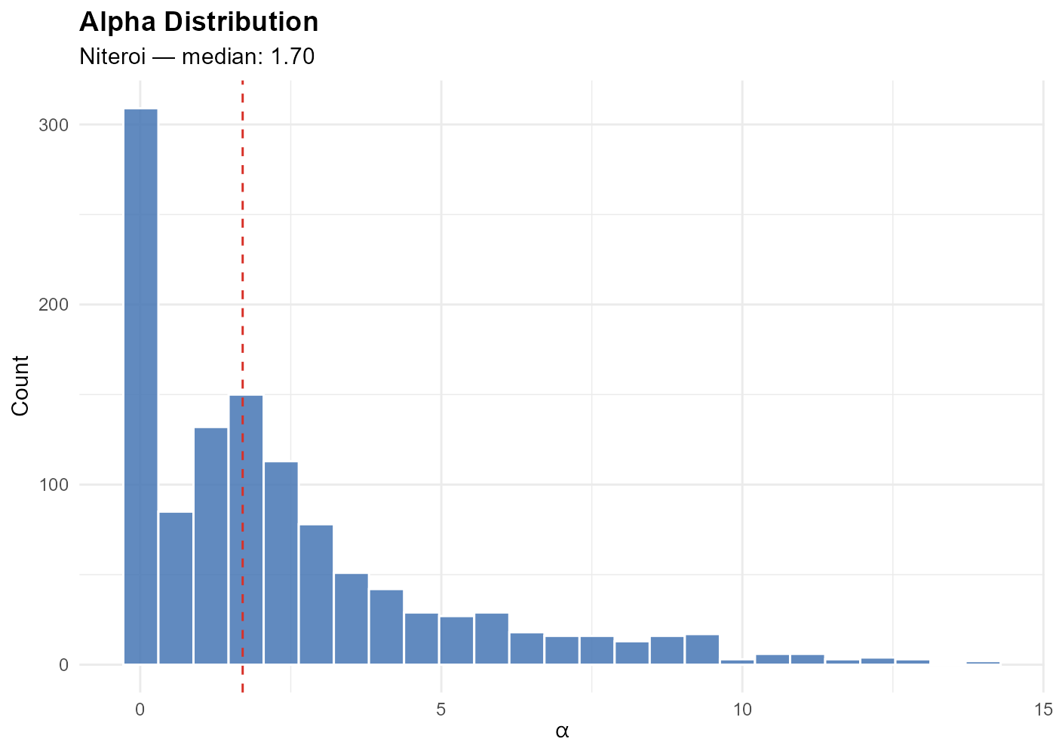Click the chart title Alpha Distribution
pyautogui.click(x=198, y=22)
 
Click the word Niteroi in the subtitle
pyautogui.click(x=112, y=57)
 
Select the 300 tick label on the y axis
pyautogui.click(x=54, y=125)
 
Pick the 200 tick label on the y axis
pyautogui.click(x=54, y=305)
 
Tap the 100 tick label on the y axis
pyautogui.click(x=54, y=485)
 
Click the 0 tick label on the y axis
pyautogui.click(x=63, y=665)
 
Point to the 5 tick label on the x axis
pyautogui.click(x=441, y=710)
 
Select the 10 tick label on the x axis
pyautogui.click(x=742, y=710)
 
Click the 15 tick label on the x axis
pyautogui.click(x=1043, y=710)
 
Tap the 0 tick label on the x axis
pyautogui.click(x=140, y=710)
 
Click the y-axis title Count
pyautogui.click(x=20, y=385)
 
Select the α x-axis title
pyautogui.click(x=562, y=731)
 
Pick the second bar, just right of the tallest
pyautogui.click(x=176, y=588)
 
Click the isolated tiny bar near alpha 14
pyautogui.click(x=983, y=663)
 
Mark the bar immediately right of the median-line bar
pyautogui.click(x=281, y=562)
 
